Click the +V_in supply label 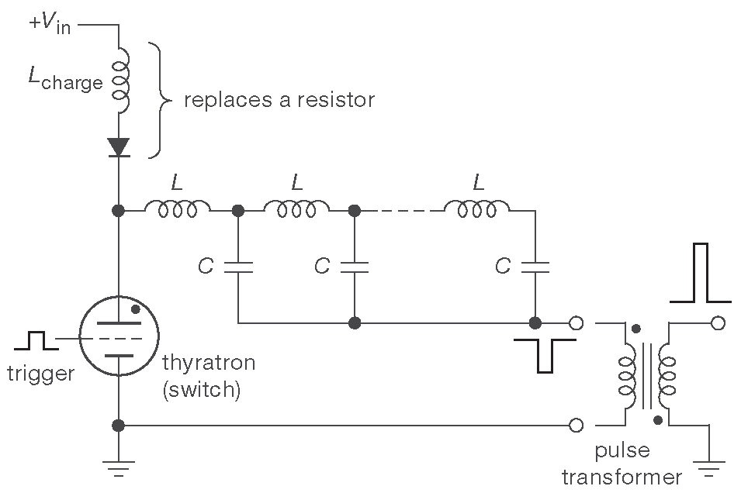(x=50, y=24)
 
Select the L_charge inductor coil (x=119, y=78)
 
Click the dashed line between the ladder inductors (x=400, y=209)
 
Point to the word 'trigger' (x=40, y=374)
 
